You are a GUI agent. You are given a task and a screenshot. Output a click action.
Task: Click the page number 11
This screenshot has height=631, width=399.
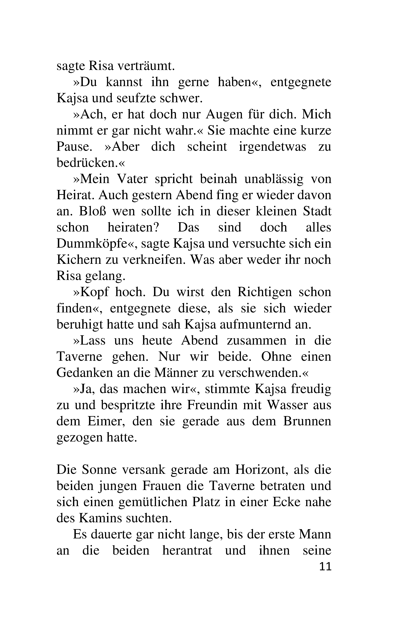tap(325, 567)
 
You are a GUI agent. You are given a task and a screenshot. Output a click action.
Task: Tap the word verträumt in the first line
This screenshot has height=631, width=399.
tap(146, 66)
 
